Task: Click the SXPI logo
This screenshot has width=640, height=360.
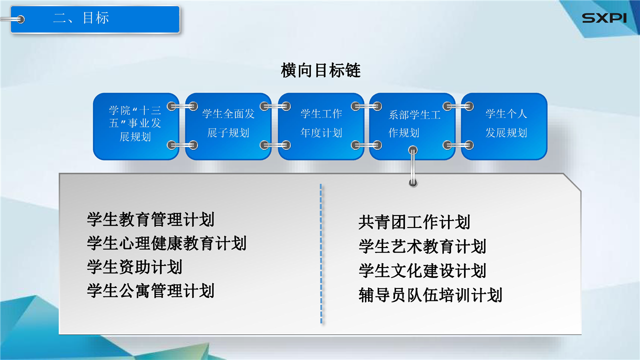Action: click(604, 18)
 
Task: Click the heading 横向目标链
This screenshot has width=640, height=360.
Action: click(320, 70)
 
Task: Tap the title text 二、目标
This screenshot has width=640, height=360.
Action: click(81, 18)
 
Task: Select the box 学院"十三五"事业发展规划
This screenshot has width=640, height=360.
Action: click(136, 126)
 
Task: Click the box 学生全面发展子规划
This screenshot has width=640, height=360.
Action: click(228, 126)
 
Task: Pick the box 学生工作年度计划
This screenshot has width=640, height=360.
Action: click(321, 126)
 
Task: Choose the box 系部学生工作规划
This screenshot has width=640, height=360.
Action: click(412, 126)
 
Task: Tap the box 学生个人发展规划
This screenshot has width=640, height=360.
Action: click(504, 126)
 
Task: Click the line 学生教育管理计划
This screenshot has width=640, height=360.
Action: click(151, 219)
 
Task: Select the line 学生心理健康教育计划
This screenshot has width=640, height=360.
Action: click(167, 243)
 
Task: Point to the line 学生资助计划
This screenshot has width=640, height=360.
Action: click(135, 267)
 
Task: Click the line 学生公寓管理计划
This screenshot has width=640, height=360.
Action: click(151, 291)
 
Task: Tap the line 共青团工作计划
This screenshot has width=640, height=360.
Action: click(414, 222)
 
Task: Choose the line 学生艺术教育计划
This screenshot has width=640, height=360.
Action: click(422, 246)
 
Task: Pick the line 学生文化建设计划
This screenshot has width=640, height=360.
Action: click(422, 270)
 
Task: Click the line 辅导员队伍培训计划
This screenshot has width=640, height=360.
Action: click(430, 295)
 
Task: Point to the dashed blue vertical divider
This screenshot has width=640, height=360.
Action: click(321, 253)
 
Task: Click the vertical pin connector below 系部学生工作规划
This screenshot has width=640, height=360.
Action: click(413, 166)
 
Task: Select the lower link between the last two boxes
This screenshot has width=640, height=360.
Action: click(458, 145)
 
